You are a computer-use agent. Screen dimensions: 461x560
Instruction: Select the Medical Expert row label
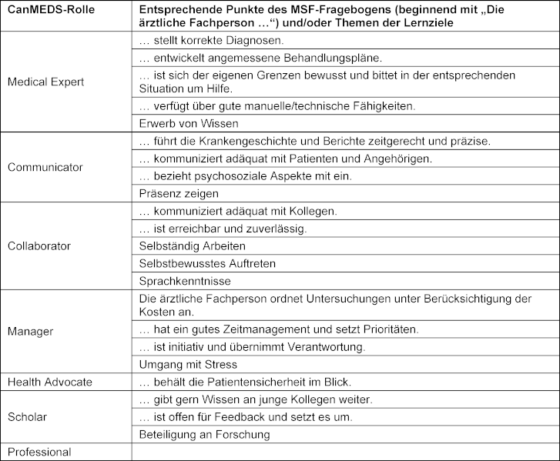coord(45,82)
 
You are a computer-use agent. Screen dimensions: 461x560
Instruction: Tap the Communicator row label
coord(45,167)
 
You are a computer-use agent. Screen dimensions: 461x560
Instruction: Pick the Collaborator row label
coord(39,246)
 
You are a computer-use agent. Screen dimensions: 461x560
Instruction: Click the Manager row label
coord(30,331)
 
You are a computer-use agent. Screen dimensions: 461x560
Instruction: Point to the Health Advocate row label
coord(49,382)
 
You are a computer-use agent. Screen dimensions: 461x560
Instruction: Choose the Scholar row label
coord(28,416)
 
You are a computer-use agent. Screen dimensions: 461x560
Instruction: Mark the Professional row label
coord(39,452)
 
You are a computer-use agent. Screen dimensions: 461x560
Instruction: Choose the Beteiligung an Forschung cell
coord(203,434)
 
